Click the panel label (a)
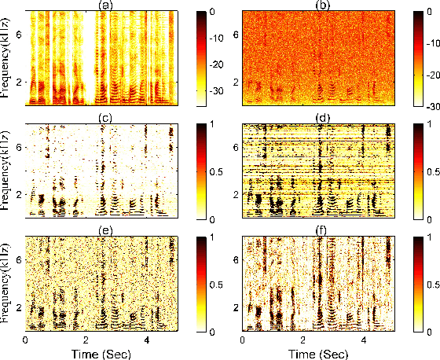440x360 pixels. pos(102,6)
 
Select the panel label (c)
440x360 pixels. pos(102,118)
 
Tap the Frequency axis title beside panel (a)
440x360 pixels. pos(7,59)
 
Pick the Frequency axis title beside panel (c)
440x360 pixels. pos(7,171)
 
